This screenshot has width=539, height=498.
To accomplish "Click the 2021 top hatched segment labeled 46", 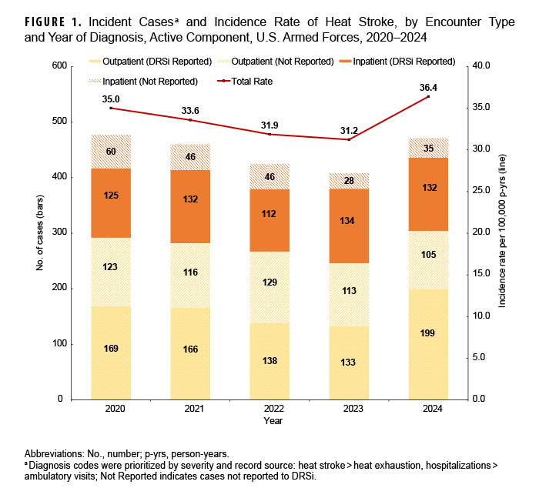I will click(190, 157).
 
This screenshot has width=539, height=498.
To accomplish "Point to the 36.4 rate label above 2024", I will click(429, 85).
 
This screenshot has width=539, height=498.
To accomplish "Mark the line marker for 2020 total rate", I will click(111, 108).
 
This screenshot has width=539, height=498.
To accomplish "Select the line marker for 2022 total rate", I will click(269, 134).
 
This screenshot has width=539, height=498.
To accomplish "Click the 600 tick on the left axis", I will click(59, 66).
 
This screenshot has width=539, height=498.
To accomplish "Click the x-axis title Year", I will click(273, 421).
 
